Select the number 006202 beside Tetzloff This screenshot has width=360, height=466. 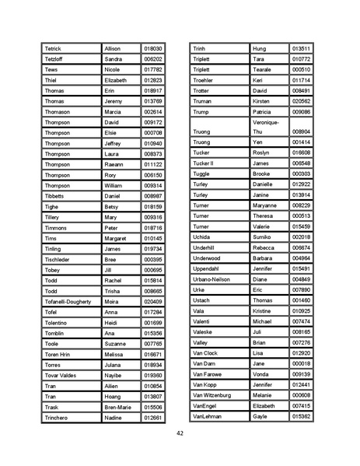coord(153,59)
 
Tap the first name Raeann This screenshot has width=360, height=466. coord(114,164)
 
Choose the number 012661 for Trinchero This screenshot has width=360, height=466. coord(153,418)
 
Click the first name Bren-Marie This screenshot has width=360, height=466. coord(118,407)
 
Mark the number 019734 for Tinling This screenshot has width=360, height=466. coord(153,248)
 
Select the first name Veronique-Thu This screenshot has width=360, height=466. coord(266,127)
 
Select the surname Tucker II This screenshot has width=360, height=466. coord(202,163)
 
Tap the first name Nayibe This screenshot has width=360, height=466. coord(114,375)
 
